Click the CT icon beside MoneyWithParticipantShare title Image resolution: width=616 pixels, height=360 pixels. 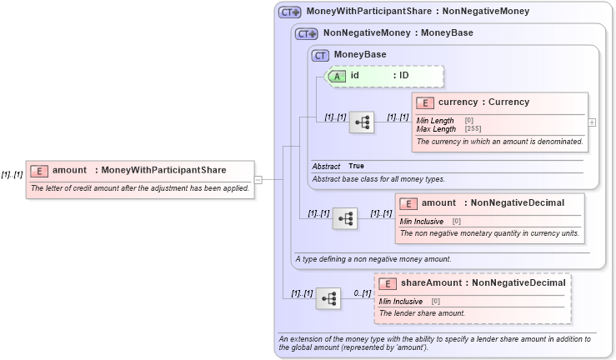click(x=289, y=12)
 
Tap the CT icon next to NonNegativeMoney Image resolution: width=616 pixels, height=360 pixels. click(x=307, y=34)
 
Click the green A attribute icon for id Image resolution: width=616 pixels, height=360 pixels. click(x=338, y=76)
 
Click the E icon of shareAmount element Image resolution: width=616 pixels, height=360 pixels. click(x=388, y=283)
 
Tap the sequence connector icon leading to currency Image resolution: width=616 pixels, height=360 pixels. click(x=361, y=122)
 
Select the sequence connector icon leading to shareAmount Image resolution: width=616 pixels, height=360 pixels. click(x=328, y=298)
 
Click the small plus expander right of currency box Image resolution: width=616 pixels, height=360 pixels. click(x=592, y=122)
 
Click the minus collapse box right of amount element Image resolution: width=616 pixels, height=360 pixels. click(x=258, y=179)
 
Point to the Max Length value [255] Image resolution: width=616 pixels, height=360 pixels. click(x=473, y=129)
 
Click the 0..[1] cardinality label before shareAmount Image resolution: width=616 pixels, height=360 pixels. click(x=362, y=293)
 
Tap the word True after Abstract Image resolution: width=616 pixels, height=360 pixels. click(x=356, y=166)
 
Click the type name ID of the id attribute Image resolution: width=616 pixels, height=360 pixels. click(x=403, y=76)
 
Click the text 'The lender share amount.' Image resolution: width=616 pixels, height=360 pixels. click(x=422, y=313)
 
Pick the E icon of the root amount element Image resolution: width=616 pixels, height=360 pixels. click(x=39, y=171)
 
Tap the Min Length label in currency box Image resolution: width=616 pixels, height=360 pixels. click(x=435, y=121)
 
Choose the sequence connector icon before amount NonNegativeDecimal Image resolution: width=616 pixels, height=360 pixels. click(x=344, y=218)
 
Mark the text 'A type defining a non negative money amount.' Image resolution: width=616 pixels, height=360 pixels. click(x=373, y=259)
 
